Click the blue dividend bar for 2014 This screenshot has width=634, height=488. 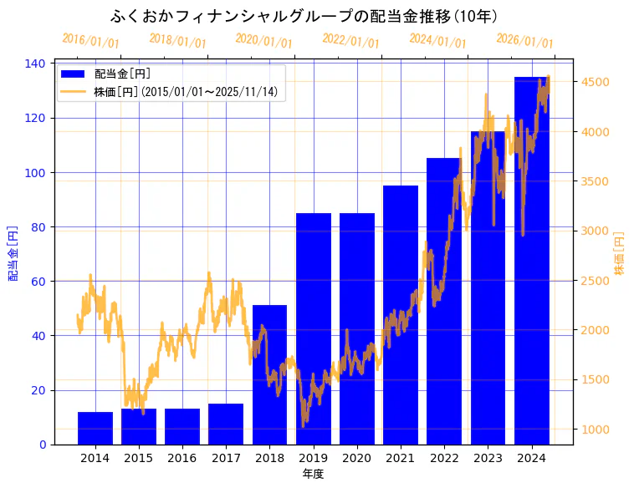click(x=95, y=428)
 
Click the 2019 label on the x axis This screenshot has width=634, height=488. click(x=313, y=458)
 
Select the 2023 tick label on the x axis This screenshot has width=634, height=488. click(x=488, y=458)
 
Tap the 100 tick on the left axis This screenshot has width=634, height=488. click(x=38, y=173)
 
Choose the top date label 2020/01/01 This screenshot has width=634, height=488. click(x=264, y=40)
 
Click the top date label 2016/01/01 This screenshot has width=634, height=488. click(x=90, y=40)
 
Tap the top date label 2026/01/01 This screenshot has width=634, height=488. click(x=524, y=40)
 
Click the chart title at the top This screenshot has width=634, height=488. click(x=305, y=17)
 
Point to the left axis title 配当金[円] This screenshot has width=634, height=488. click(x=13, y=253)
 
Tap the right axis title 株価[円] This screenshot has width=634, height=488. click(x=620, y=253)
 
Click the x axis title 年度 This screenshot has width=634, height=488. click(x=313, y=474)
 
